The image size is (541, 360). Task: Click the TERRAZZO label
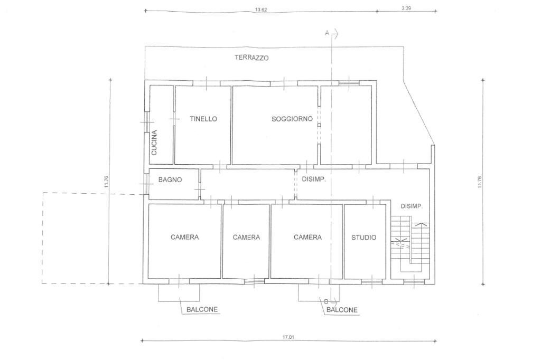pyautogui.click(x=251, y=58)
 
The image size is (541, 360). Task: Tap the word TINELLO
pyautogui.click(x=203, y=119)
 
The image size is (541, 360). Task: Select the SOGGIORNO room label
pyautogui.click(x=292, y=119)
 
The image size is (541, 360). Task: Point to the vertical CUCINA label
pyautogui.click(x=154, y=143)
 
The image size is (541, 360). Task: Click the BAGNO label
pyautogui.click(x=170, y=179)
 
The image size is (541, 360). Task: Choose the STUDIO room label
pyautogui.click(x=363, y=238)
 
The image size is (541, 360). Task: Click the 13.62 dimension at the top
pyautogui.click(x=261, y=10)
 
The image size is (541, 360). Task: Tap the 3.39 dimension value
pyautogui.click(x=406, y=8)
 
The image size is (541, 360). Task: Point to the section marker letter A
pyautogui.click(x=327, y=33)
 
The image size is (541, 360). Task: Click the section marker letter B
pyautogui.click(x=326, y=301)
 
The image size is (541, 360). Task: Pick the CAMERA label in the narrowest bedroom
pyautogui.click(x=246, y=237)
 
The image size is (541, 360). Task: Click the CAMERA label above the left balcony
pyautogui.click(x=184, y=237)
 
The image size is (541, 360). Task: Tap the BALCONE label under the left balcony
pyautogui.click(x=202, y=309)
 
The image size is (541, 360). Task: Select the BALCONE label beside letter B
pyautogui.click(x=342, y=310)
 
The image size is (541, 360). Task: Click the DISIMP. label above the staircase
pyautogui.click(x=412, y=206)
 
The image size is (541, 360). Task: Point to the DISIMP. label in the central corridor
pyautogui.click(x=314, y=179)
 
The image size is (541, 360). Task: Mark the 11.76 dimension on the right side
pyautogui.click(x=480, y=182)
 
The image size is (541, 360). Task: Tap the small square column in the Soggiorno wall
pyautogui.click(x=319, y=126)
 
